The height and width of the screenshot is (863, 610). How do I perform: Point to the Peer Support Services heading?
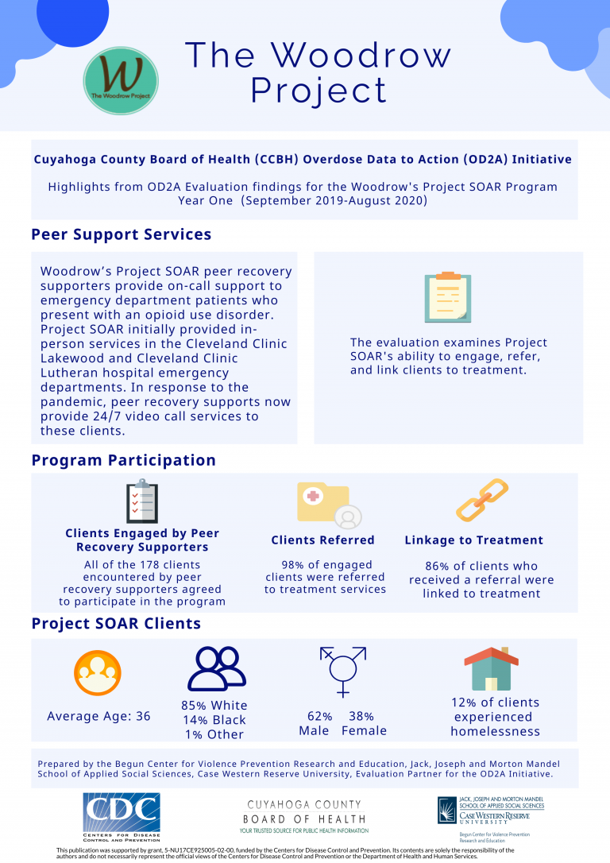[121, 234]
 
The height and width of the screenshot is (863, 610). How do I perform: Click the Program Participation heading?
[123, 460]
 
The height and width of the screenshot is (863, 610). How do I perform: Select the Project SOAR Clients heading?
[116, 623]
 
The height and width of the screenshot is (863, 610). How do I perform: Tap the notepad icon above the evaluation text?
[448, 297]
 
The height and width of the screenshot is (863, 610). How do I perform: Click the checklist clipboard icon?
[142, 501]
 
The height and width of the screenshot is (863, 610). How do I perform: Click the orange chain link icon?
[482, 500]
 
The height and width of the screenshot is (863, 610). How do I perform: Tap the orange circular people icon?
[98, 672]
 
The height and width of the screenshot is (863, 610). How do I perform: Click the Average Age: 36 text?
[98, 716]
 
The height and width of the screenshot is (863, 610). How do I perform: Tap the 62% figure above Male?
[320, 716]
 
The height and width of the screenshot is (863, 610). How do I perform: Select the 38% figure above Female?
[361, 716]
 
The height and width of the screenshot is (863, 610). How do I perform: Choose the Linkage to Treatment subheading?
[473, 540]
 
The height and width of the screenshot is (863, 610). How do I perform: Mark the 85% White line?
[214, 706]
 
